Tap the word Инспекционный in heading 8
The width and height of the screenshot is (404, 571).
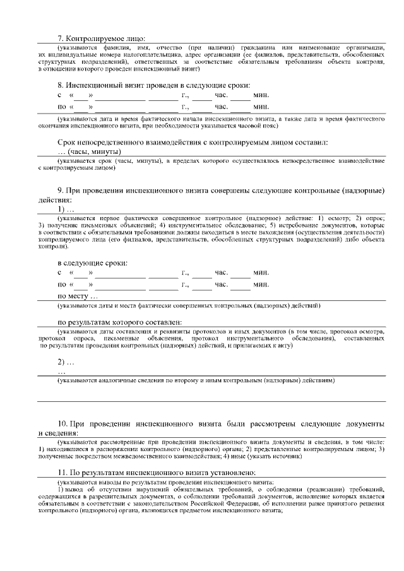click(x=98, y=85)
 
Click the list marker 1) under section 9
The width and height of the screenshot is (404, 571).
click(x=61, y=209)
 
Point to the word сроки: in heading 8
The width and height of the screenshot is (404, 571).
click(x=235, y=85)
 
